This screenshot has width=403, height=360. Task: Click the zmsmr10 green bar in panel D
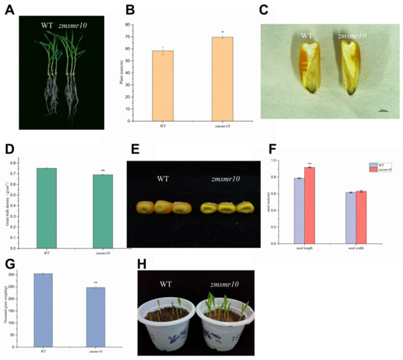[103, 212]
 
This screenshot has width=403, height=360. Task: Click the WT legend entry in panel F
[380, 166]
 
